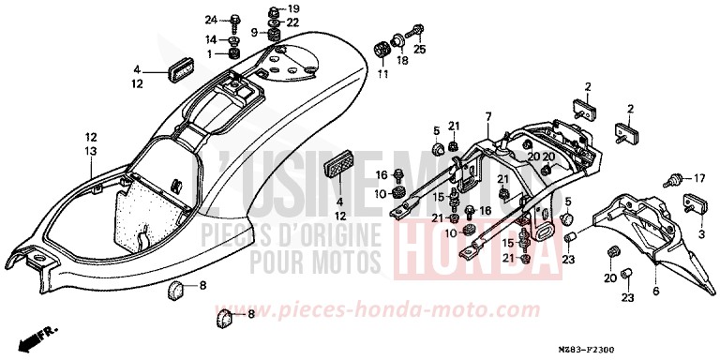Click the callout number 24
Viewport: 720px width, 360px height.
(211, 20)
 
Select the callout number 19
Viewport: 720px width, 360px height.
(293, 8)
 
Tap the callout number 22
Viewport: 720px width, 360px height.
(293, 22)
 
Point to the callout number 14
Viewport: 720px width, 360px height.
(211, 39)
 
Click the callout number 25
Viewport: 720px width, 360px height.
(420, 49)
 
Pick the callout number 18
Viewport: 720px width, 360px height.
(402, 61)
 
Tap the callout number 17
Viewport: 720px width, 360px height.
(697, 177)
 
